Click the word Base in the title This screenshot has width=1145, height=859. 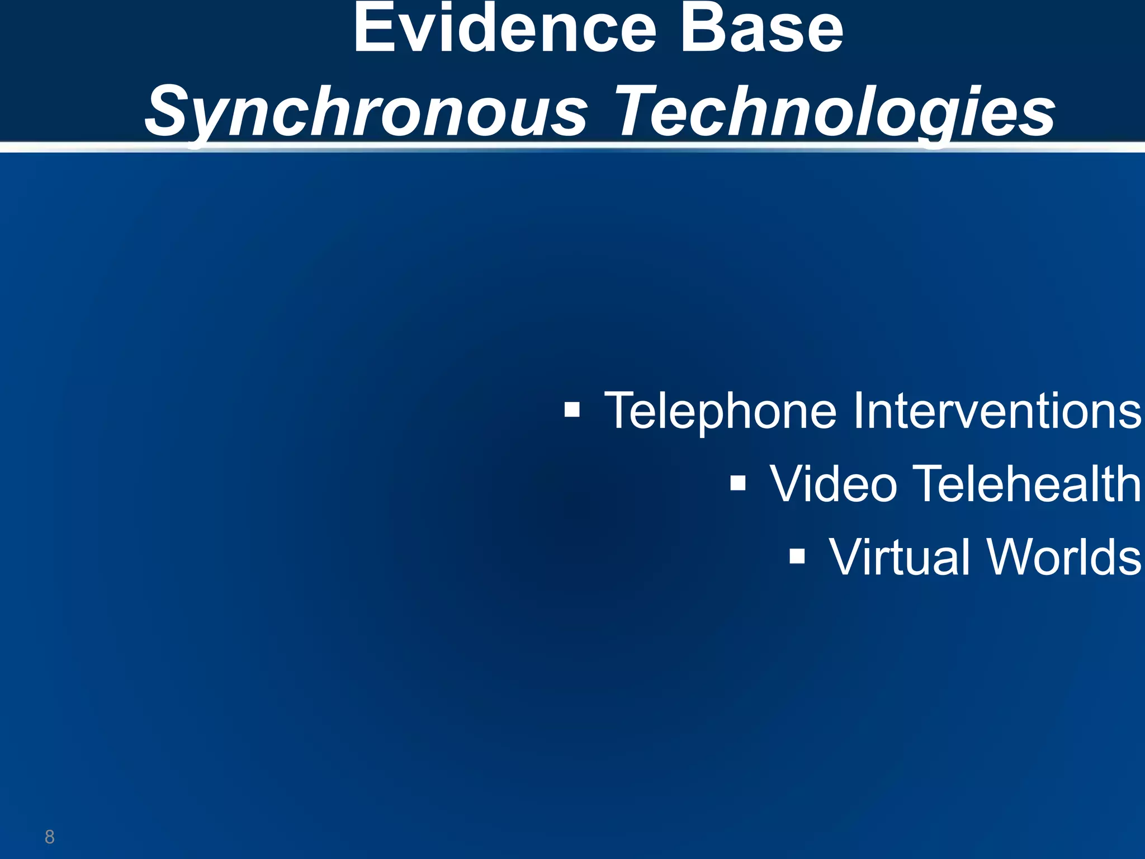tap(760, 29)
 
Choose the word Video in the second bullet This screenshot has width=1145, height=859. tap(834, 483)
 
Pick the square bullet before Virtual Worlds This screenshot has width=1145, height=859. tap(797, 556)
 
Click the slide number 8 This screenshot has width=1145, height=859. tap(50, 837)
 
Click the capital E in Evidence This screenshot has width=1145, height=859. tap(373, 29)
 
